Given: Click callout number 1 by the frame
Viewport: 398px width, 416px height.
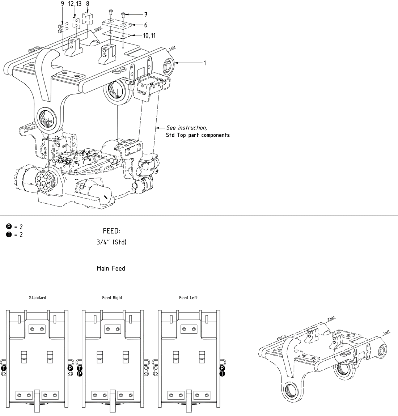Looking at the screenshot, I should pyautogui.click(x=204, y=63).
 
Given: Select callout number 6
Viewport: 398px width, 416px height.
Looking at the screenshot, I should pyautogui.click(x=145, y=25).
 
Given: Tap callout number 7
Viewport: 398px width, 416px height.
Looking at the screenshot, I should pyautogui.click(x=145, y=15).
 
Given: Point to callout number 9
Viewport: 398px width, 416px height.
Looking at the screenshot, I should pyautogui.click(x=62, y=4).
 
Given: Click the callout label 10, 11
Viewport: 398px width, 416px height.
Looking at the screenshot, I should pyautogui.click(x=149, y=35).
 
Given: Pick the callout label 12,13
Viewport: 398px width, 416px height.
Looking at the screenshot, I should pyautogui.click(x=75, y=4).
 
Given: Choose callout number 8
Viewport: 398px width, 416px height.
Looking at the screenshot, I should pyautogui.click(x=88, y=4).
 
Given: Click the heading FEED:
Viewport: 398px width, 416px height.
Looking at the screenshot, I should pyautogui.click(x=111, y=231).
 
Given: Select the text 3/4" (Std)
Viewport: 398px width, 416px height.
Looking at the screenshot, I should pyautogui.click(x=111, y=242).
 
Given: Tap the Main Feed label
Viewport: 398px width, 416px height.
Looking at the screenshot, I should pyautogui.click(x=111, y=268).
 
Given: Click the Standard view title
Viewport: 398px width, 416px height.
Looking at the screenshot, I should pyautogui.click(x=38, y=298).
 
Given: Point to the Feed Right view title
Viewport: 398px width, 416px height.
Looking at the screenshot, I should pyautogui.click(x=112, y=298).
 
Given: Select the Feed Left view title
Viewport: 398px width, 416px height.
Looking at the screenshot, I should pyautogui.click(x=189, y=298).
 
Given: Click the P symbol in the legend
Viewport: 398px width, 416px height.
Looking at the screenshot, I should pyautogui.click(x=9, y=227).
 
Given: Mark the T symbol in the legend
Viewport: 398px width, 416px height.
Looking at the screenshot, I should pyautogui.click(x=9, y=235).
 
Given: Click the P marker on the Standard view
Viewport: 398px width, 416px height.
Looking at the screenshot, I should pyautogui.click(x=70, y=368).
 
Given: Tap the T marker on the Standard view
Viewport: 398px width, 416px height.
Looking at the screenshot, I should pyautogui.click(x=4, y=368).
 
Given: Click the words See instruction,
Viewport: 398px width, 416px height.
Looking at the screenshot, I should pyautogui.click(x=187, y=128).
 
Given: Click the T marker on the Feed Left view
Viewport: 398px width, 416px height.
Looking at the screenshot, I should pyautogui.click(x=223, y=374).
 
